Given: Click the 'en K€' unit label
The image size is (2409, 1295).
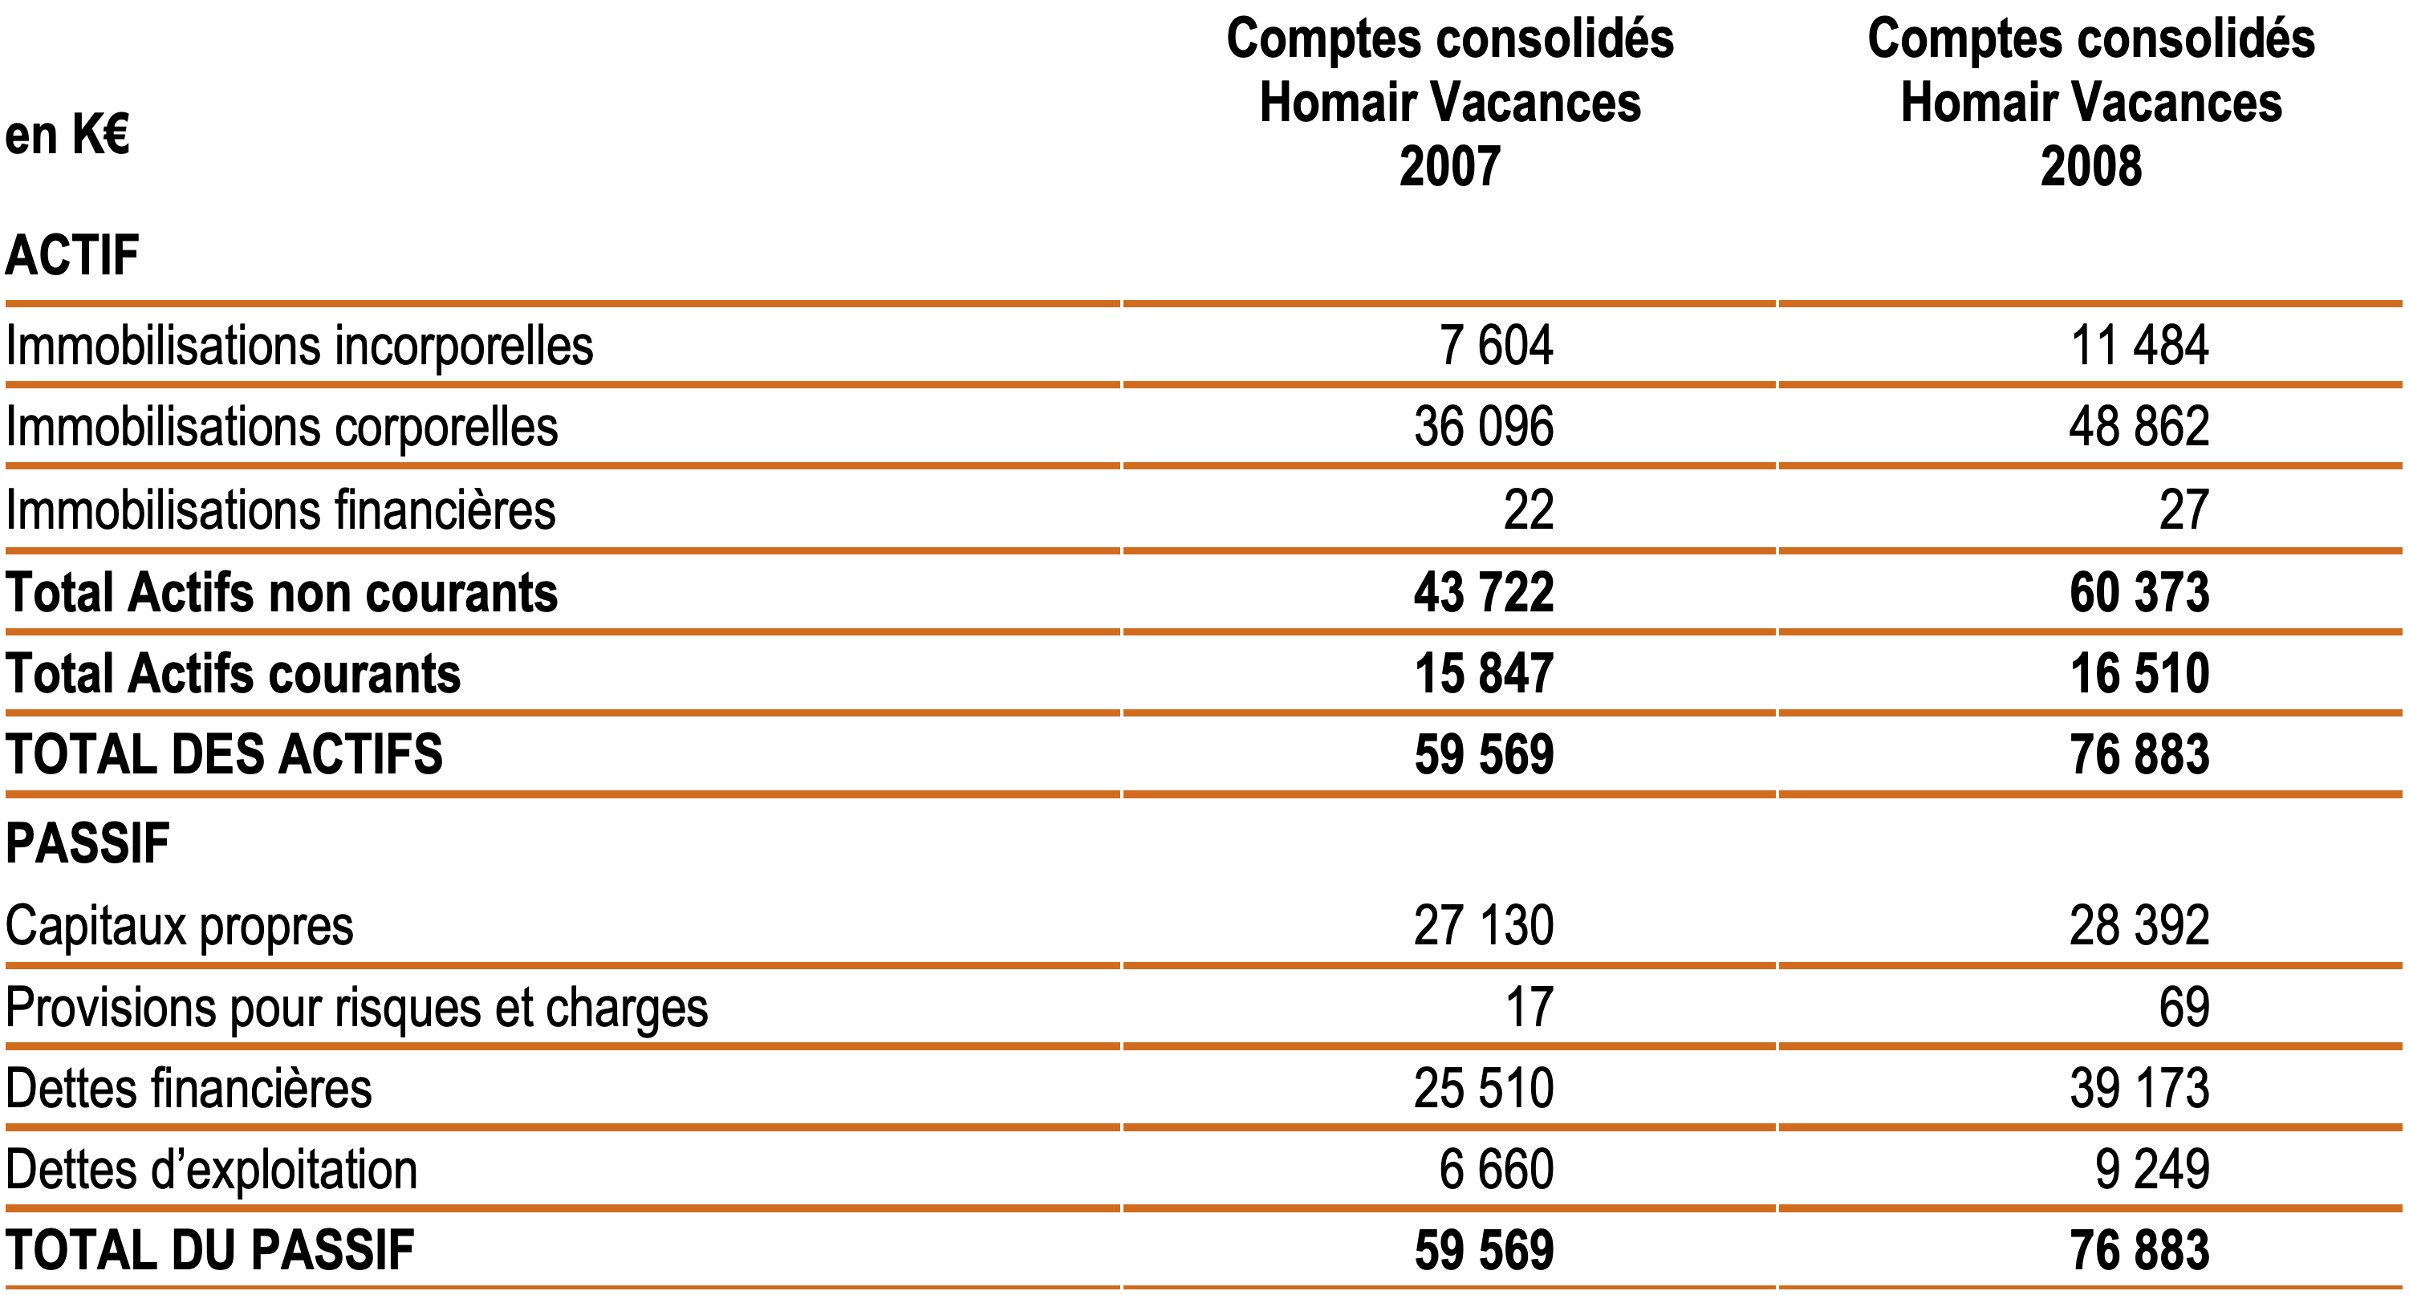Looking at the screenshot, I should [67, 135].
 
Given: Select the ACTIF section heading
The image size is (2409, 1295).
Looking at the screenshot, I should [72, 255].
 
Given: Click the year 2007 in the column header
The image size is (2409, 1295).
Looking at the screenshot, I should [1449, 166].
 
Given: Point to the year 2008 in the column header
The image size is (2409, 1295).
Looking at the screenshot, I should [2091, 166].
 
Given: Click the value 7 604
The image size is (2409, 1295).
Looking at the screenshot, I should [1497, 345].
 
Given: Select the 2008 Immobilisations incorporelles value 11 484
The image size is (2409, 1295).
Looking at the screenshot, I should [2139, 345].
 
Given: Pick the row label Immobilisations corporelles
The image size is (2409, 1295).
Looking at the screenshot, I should [282, 428].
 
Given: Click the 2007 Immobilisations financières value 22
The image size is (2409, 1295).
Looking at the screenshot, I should [1528, 509].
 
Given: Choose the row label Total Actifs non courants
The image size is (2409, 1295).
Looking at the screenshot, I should [282, 593].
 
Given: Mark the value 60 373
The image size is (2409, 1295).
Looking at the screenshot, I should [2139, 592].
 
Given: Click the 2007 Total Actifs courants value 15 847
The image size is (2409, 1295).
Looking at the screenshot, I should [1484, 673].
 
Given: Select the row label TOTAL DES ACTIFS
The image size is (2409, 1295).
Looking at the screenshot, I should [225, 754].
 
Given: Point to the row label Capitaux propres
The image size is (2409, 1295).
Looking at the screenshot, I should [180, 927].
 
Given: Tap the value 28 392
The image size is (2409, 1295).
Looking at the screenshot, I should [2139, 926].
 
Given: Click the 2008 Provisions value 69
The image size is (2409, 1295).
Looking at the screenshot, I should [2184, 1007].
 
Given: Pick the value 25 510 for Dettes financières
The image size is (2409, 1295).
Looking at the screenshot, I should [1484, 1088].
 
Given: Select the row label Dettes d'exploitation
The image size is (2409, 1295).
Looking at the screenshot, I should [211, 1170].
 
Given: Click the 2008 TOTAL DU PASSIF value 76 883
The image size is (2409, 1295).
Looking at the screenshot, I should [2139, 1250].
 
